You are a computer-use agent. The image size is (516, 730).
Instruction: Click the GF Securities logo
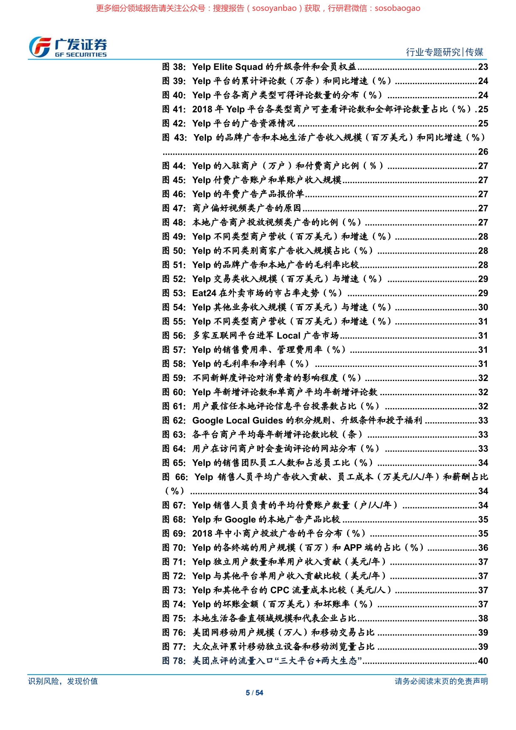point(68,47)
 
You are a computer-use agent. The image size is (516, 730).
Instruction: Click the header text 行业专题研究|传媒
point(444,52)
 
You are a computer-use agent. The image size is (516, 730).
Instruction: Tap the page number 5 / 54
point(254,693)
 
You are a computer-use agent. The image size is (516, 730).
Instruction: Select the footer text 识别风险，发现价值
point(63,681)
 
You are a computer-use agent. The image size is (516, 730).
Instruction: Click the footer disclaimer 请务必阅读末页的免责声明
point(441,681)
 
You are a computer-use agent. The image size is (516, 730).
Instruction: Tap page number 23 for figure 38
point(483,67)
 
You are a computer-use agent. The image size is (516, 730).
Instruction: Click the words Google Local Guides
point(238,421)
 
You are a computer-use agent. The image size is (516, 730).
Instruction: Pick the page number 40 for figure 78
point(483,661)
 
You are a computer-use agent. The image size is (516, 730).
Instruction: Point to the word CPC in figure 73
point(280,590)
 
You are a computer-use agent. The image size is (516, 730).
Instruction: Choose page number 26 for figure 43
point(483,152)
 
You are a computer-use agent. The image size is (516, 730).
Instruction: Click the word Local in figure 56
point(288,336)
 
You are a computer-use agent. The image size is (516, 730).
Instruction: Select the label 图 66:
point(175,477)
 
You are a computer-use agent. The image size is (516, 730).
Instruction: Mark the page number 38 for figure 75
point(483,618)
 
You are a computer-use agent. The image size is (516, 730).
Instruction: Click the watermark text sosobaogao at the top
point(397,8)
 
